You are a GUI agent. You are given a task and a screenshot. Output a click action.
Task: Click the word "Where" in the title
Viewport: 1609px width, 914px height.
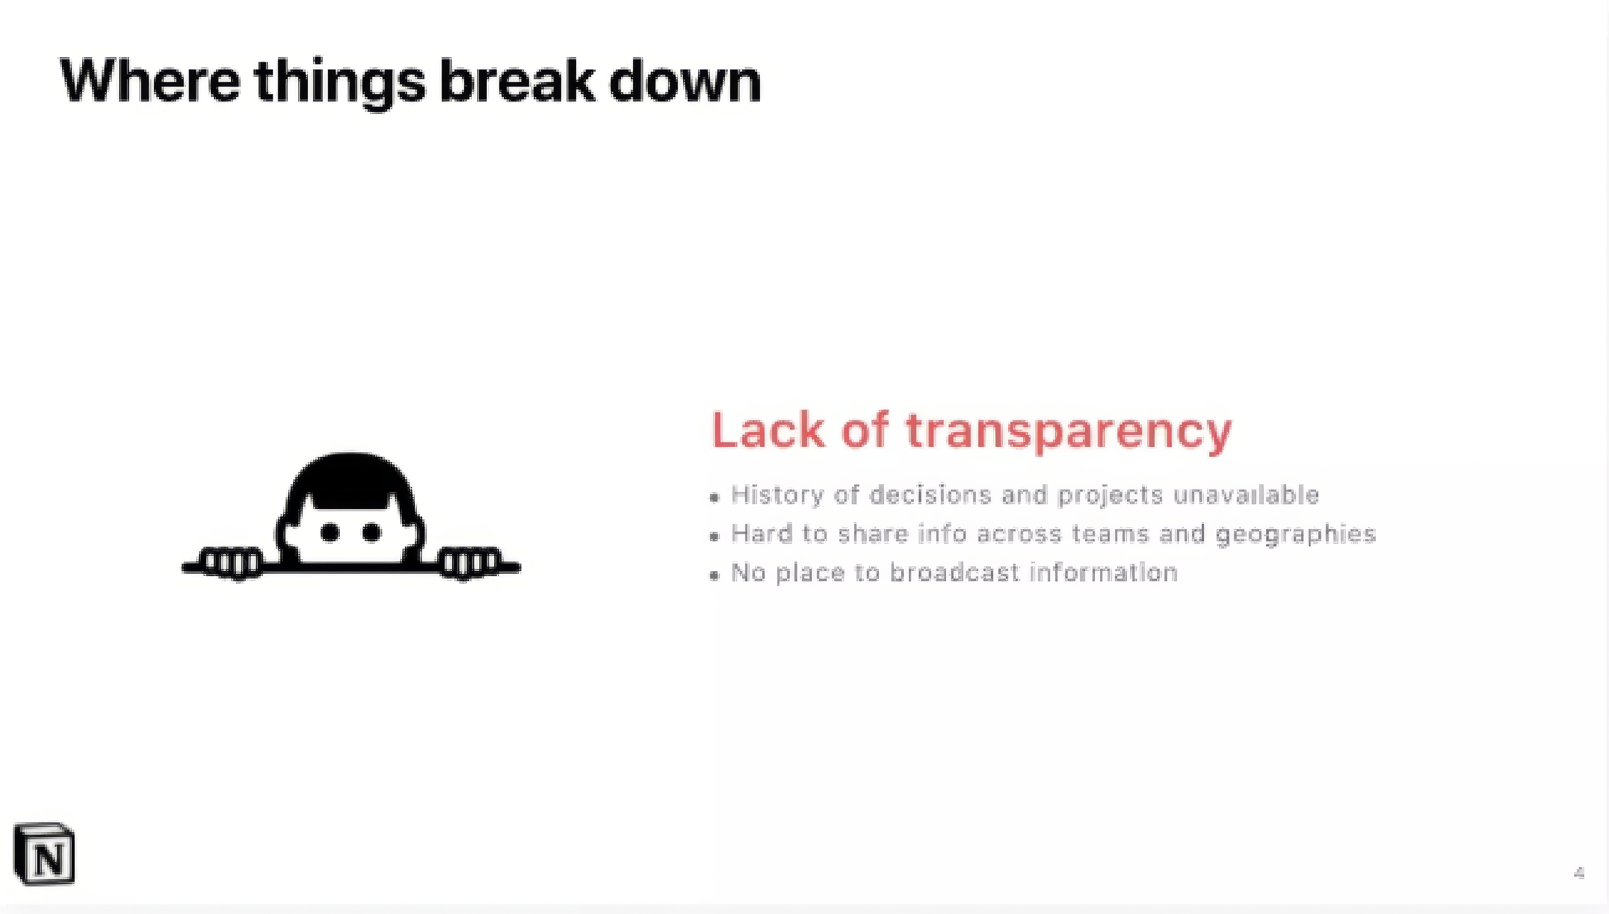(150, 80)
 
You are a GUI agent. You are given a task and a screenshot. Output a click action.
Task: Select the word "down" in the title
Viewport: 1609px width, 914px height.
(685, 80)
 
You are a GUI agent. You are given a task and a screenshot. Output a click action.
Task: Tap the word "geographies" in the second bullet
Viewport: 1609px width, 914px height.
(1296, 535)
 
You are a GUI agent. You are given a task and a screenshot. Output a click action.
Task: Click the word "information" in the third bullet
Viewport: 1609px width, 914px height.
(1104, 573)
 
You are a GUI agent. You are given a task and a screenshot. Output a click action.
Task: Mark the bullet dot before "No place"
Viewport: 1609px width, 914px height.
(714, 575)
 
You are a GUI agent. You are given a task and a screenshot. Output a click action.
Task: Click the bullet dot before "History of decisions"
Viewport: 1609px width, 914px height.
(714, 498)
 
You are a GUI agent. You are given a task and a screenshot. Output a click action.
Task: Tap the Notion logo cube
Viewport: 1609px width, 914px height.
(44, 854)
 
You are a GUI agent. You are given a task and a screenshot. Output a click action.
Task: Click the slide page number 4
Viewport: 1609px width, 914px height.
(1580, 873)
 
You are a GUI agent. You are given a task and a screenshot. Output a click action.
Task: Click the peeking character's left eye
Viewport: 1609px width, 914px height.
(330, 532)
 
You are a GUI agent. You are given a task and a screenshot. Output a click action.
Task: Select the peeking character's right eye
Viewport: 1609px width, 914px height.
(371, 532)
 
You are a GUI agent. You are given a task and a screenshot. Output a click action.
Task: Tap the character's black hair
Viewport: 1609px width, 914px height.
(350, 480)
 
